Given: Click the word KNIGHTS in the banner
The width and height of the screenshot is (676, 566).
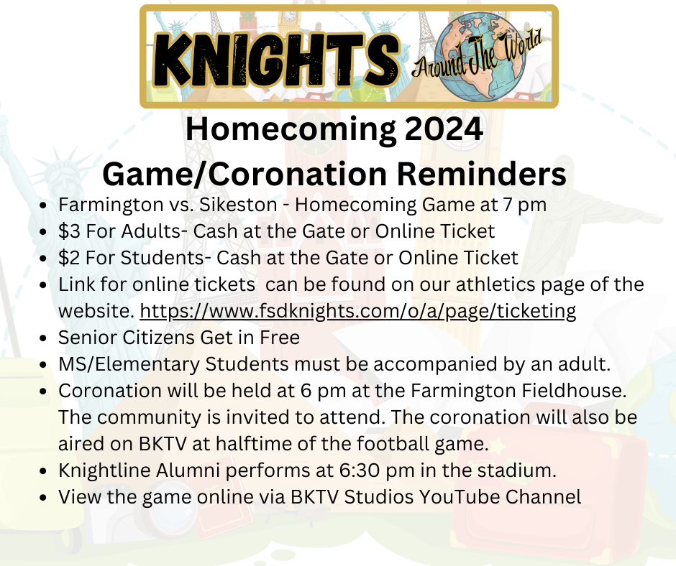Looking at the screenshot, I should [x=273, y=55].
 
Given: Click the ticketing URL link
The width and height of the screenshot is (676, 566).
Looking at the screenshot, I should [x=357, y=311].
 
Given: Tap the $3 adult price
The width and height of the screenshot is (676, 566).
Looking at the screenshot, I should [x=68, y=231].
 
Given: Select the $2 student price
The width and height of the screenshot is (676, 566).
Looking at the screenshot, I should [x=68, y=257].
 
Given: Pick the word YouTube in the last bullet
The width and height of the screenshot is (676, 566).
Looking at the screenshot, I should [x=447, y=497].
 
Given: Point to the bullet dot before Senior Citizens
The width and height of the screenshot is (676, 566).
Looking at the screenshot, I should [x=45, y=338].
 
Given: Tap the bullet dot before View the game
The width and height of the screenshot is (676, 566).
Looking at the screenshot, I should [x=45, y=497].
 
